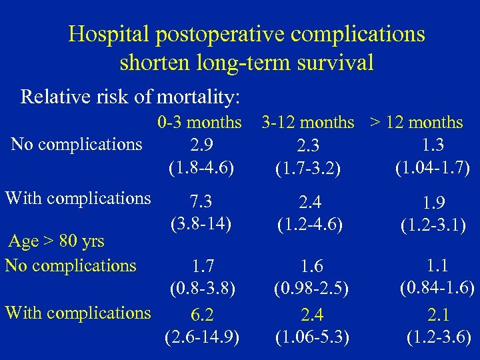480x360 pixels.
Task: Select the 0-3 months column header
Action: (x=200, y=123)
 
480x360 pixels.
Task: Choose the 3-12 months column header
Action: (x=308, y=123)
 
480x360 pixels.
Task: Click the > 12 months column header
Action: (x=417, y=123)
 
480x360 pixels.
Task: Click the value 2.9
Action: (x=201, y=144)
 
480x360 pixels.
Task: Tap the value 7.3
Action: (x=201, y=201)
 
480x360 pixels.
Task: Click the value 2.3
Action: (x=309, y=145)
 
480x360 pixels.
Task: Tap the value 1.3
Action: (x=433, y=144)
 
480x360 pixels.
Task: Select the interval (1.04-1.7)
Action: (x=433, y=164)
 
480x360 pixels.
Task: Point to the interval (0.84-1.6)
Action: (x=437, y=287)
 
